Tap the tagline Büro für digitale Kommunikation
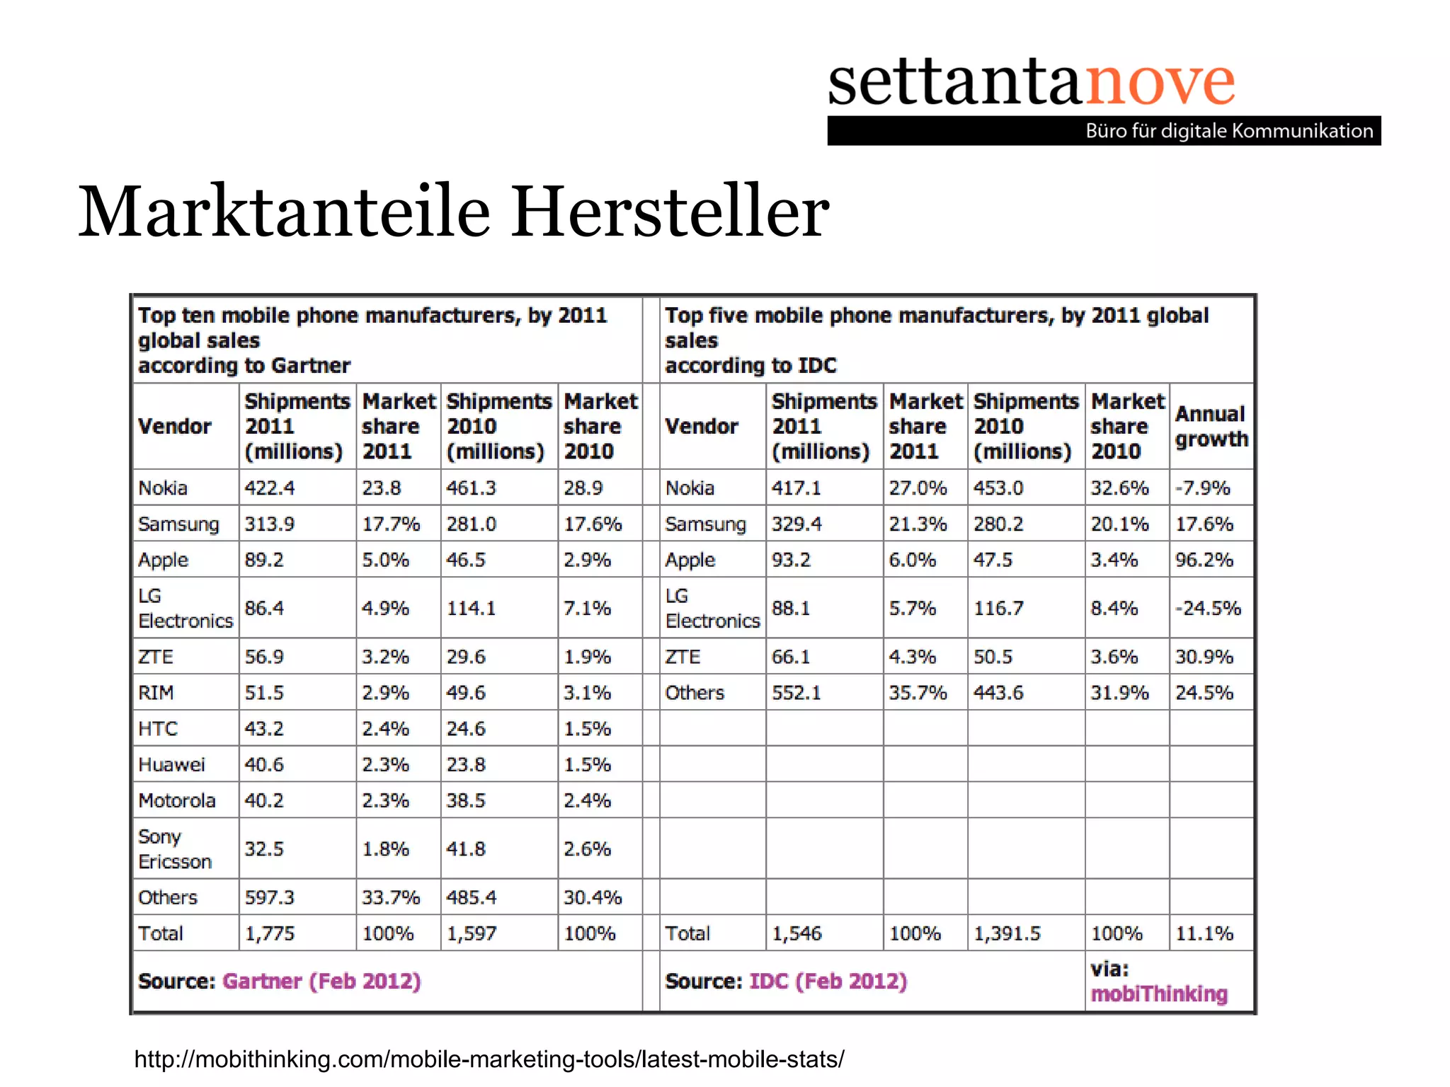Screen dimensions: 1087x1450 pos(1229,131)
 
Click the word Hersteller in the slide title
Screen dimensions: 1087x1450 pos(670,211)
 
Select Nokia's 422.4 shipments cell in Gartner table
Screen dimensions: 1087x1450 pos(270,488)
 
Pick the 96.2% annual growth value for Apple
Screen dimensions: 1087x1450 pos(1204,560)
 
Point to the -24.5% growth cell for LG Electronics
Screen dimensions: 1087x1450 pos(1208,608)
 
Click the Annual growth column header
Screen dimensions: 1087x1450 pos(1211,426)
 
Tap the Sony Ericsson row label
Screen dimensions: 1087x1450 pos(175,849)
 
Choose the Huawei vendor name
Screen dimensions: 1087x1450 pos(171,764)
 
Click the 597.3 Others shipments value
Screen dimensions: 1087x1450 pos(270,897)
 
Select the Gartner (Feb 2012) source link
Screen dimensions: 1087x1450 pos(321,981)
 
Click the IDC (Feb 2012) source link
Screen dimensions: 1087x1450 pos(828,981)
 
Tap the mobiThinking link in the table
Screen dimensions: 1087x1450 pos(1159,994)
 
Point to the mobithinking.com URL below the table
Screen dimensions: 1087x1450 pos(489,1059)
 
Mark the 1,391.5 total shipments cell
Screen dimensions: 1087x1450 pos(1007,933)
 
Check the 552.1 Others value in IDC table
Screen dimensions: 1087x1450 pos(797,692)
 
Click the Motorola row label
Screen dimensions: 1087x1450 pos(177,800)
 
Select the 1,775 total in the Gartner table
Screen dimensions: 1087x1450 pos(269,933)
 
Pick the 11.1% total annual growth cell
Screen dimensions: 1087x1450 pos(1204,933)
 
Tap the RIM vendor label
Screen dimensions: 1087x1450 pos(156,692)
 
